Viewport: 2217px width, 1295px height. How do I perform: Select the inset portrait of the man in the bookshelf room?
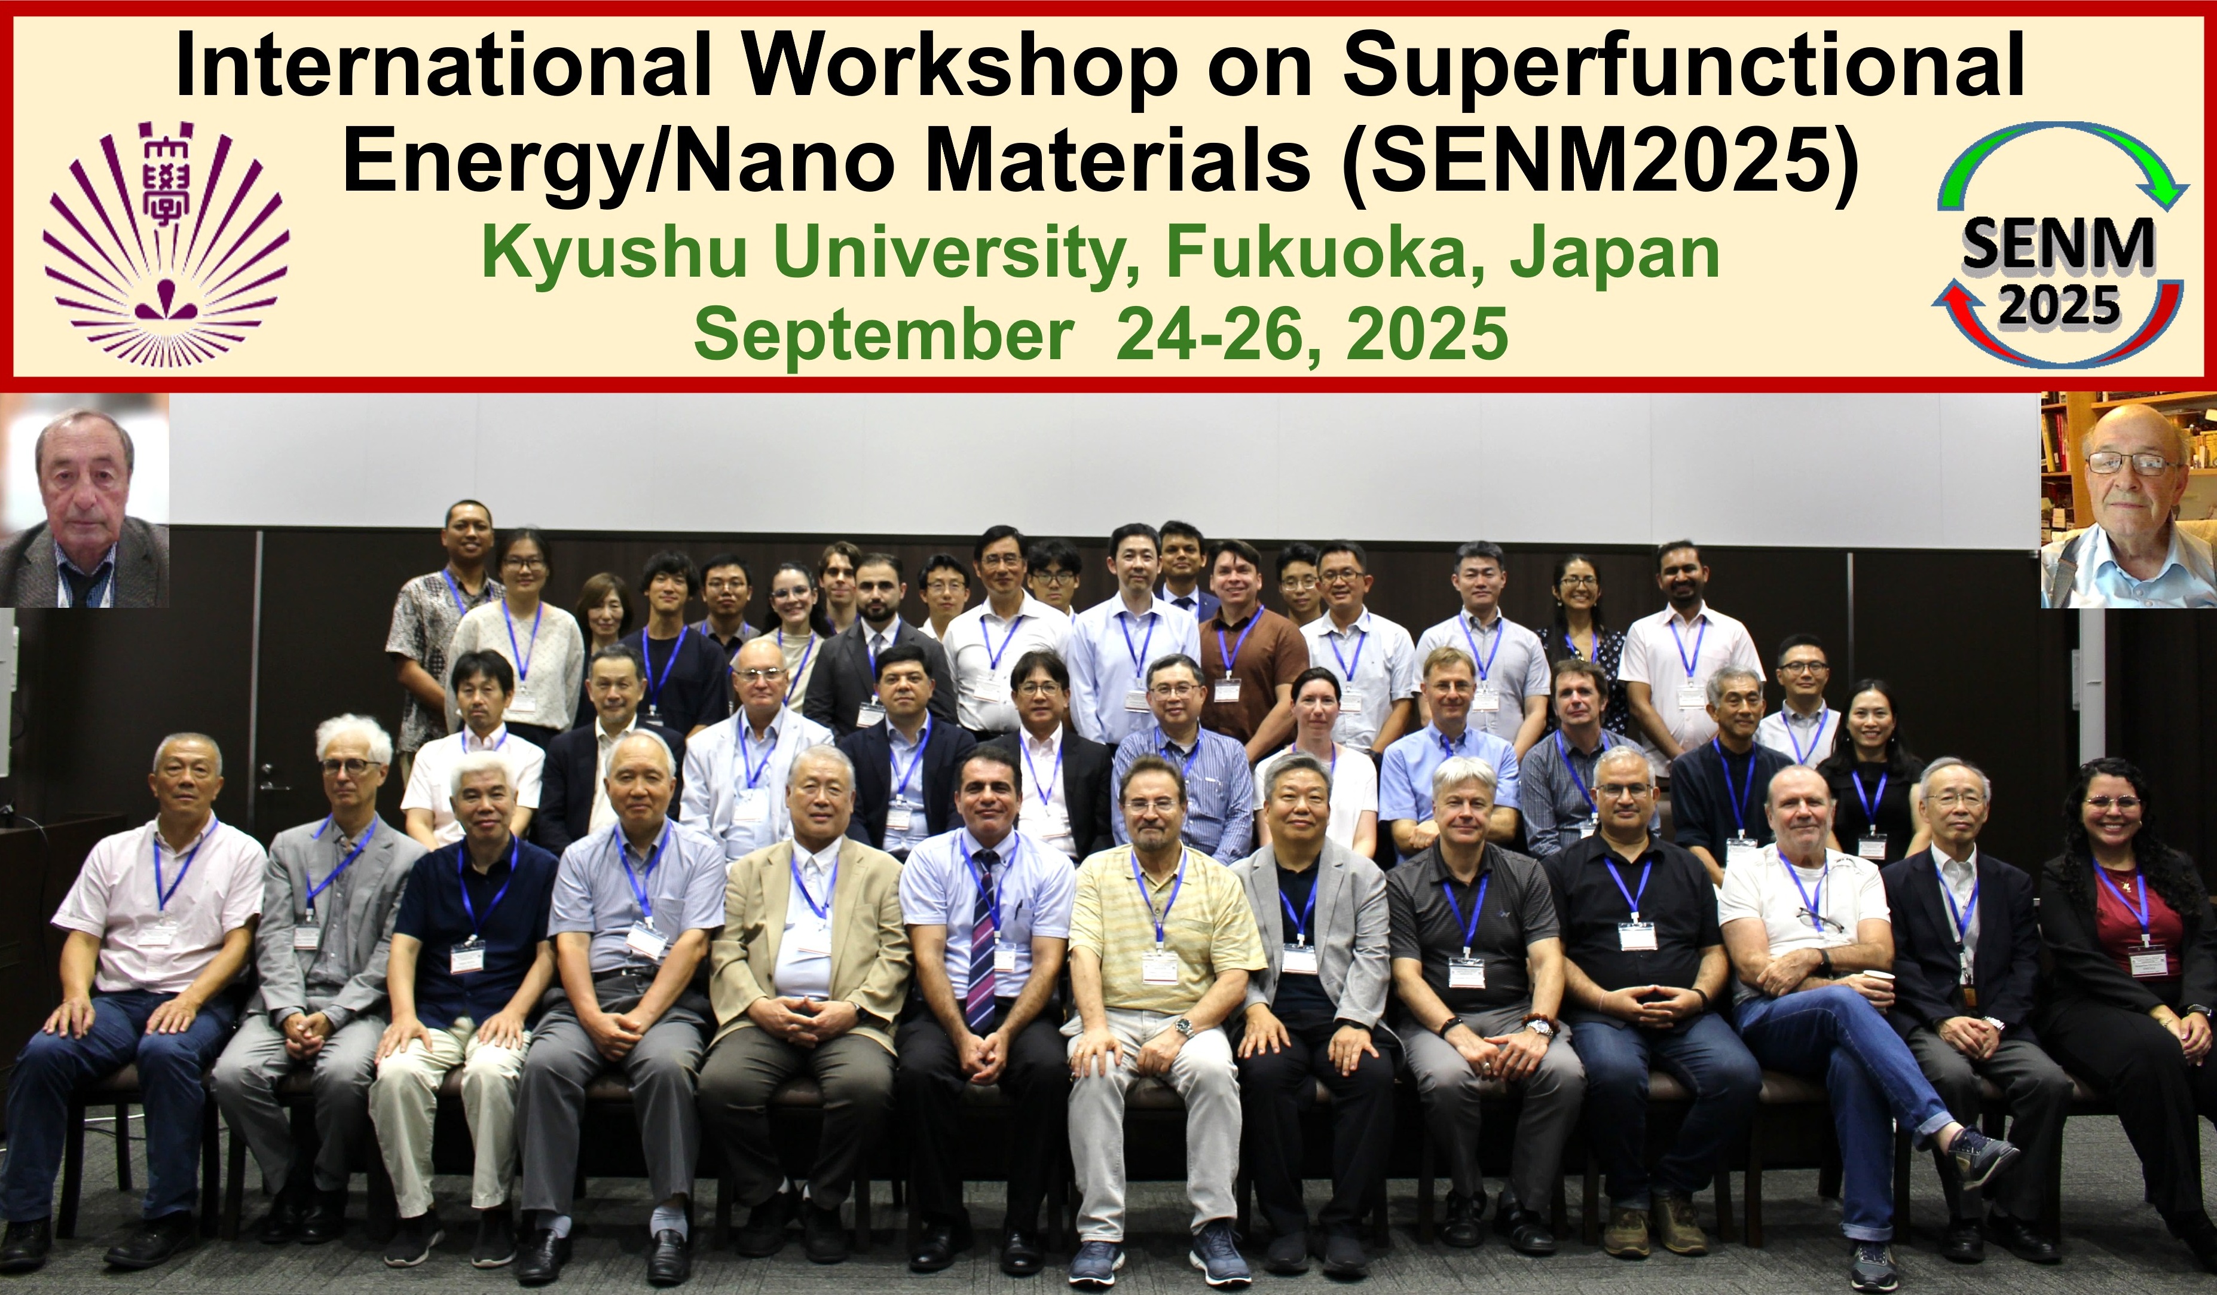(2128, 499)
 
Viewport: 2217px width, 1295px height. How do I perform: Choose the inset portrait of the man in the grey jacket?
(84, 500)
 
